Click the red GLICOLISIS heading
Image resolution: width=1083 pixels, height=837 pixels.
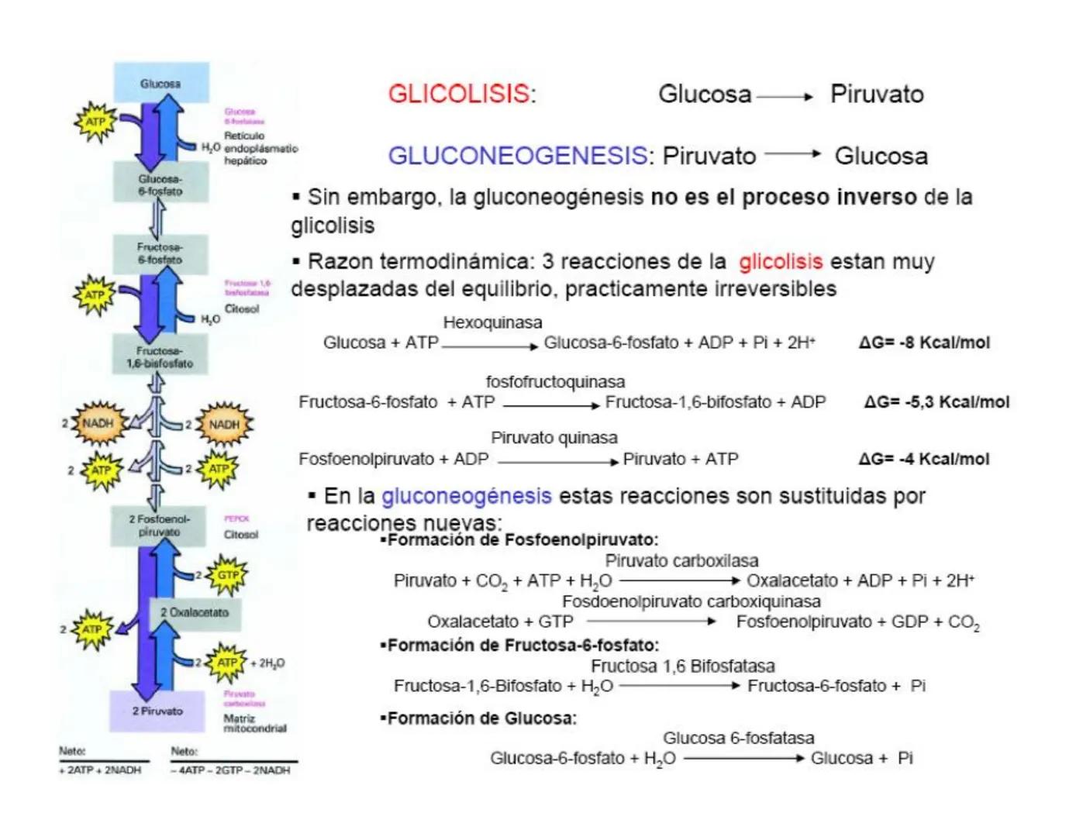459,94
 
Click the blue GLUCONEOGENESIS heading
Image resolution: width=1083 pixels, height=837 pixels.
516,156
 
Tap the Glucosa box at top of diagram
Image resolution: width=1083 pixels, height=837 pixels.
161,82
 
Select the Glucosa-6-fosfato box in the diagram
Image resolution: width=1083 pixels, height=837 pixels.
160,184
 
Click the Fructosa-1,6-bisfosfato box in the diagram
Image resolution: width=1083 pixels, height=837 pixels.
160,356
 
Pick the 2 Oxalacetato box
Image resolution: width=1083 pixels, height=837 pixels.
195,612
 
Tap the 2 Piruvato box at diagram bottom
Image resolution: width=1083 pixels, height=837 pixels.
157,711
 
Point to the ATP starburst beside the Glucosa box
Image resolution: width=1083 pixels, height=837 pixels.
95,122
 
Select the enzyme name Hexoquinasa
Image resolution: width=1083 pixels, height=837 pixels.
492,322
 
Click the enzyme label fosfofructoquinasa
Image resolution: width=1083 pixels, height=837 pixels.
555,382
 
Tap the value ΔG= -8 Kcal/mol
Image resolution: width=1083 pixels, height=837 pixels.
924,343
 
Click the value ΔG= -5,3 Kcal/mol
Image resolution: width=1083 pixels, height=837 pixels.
936,402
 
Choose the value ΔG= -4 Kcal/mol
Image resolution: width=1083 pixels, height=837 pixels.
924,459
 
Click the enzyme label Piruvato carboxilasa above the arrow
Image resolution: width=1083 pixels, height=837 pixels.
681,560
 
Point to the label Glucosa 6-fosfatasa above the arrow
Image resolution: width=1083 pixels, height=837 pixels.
738,738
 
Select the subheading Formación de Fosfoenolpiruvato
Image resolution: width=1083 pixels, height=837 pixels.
520,540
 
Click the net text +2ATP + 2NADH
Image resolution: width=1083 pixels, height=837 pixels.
101,770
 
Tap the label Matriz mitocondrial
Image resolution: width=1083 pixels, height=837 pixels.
254,723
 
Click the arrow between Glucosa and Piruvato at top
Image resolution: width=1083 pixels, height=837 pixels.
785,97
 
